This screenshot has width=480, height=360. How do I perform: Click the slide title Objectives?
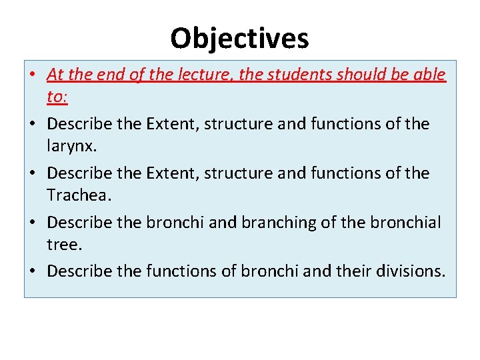pos(239,38)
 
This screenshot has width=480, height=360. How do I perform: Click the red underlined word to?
pos(57,97)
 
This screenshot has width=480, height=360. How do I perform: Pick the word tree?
pos(64,245)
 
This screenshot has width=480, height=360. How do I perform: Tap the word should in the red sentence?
pos(351,75)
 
